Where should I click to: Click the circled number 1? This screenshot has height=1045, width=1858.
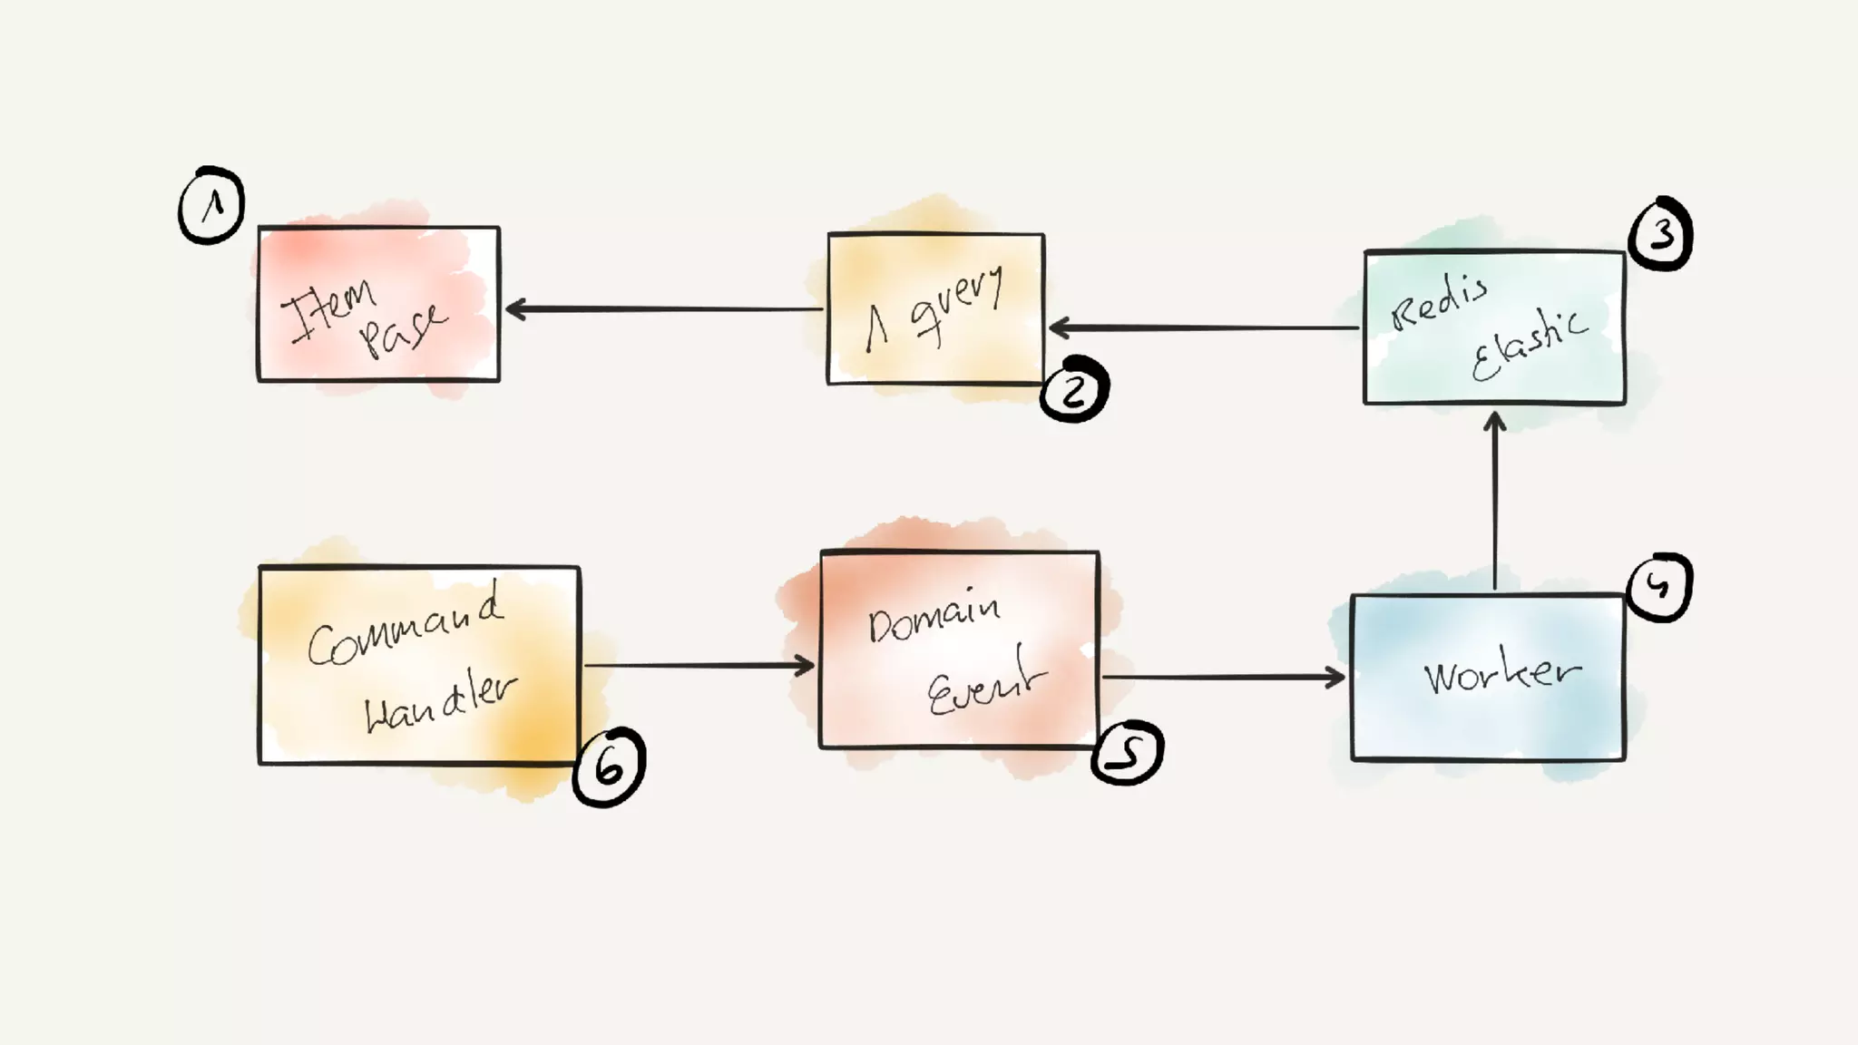point(211,205)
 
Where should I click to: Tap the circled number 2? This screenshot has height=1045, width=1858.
point(1074,390)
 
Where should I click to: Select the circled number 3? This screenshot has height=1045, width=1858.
point(1661,234)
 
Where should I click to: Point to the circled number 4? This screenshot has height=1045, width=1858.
point(1660,587)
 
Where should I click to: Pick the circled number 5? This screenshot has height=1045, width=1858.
point(1127,752)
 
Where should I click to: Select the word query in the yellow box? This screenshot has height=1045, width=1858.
point(957,304)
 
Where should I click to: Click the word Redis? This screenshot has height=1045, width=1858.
point(1439,300)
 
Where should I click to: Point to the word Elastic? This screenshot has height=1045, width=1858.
point(1530,344)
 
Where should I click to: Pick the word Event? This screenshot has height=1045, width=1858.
point(985,685)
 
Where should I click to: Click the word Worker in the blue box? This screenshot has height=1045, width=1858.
point(1502,674)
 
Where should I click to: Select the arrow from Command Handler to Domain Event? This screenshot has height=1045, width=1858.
point(699,666)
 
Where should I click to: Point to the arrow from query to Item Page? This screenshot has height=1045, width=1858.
point(662,309)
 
